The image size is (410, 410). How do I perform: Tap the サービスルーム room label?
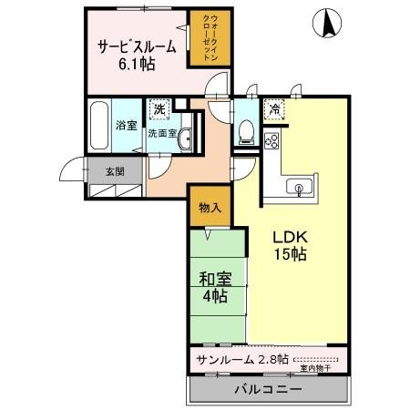(x=138, y=48)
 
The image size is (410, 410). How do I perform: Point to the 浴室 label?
(x=125, y=126)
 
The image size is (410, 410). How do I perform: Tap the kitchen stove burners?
(x=271, y=140)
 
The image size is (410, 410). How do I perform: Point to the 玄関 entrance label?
(x=113, y=170)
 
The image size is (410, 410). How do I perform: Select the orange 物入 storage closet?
(x=210, y=209)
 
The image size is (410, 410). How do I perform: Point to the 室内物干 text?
(x=316, y=369)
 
